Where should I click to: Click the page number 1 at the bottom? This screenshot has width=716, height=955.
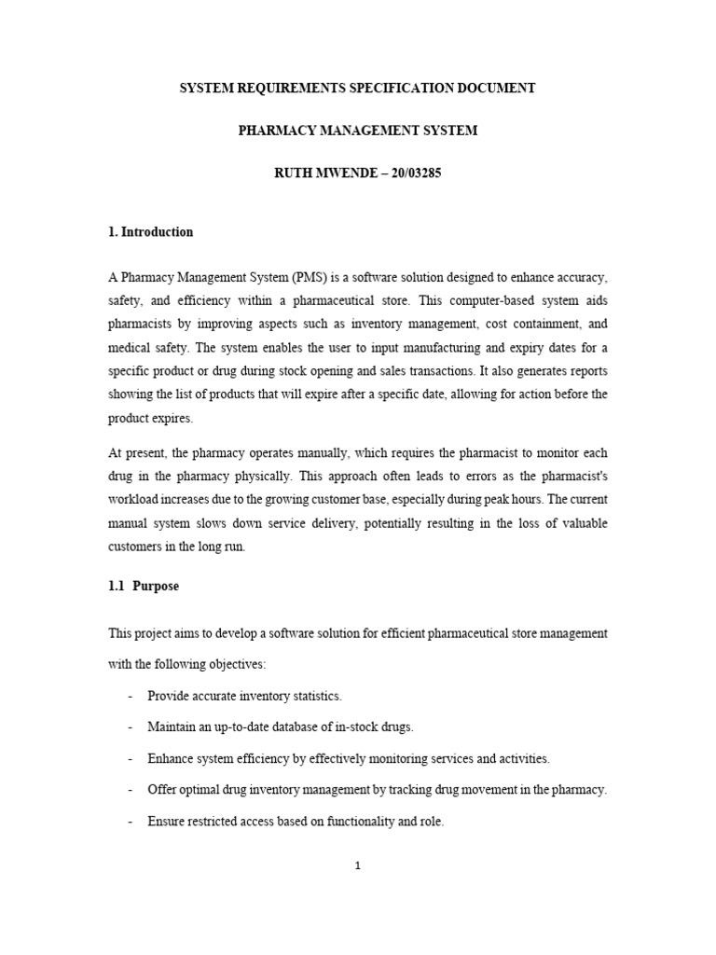pos(357,865)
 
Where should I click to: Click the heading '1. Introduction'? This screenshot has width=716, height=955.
pos(150,232)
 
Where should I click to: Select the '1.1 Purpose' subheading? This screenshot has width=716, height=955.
pos(144,587)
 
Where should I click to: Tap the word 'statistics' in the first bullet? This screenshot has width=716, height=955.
pos(314,697)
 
